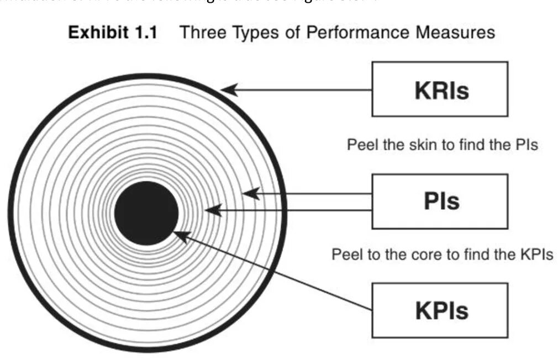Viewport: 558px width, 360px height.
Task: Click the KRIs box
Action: (x=440, y=89)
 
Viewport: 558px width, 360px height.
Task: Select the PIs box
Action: (x=440, y=201)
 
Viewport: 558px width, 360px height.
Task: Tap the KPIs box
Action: (x=440, y=310)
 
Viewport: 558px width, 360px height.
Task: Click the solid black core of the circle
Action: (x=146, y=213)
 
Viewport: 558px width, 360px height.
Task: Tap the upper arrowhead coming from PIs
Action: (x=250, y=194)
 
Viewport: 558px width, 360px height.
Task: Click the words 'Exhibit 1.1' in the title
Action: (x=112, y=33)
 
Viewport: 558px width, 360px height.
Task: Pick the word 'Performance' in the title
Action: (x=351, y=33)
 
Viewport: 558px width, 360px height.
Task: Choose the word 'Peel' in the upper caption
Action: (x=360, y=145)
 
